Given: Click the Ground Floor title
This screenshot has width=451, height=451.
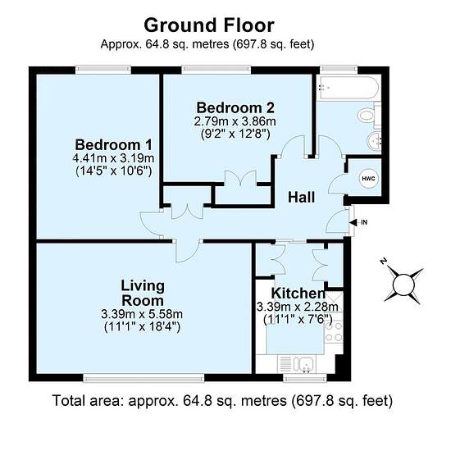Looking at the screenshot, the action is click(x=209, y=25).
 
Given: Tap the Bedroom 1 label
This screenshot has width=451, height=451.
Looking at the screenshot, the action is click(x=113, y=144).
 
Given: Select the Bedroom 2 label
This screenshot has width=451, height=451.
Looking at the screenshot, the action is click(x=235, y=108).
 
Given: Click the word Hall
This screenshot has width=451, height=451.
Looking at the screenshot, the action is click(x=301, y=198).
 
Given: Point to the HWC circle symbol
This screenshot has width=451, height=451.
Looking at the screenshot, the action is click(x=368, y=178).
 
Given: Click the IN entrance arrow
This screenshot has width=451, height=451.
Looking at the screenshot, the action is click(x=353, y=222).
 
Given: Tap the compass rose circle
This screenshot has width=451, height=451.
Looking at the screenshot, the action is click(x=403, y=285).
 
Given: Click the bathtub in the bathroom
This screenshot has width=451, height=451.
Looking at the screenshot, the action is click(x=348, y=88).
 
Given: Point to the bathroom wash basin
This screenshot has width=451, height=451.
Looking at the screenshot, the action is click(x=374, y=141).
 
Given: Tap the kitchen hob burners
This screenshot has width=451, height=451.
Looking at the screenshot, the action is click(x=334, y=331).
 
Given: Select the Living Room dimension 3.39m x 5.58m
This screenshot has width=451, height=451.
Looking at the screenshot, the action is click(x=142, y=314).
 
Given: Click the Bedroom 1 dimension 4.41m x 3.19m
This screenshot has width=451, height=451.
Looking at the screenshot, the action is click(x=113, y=158).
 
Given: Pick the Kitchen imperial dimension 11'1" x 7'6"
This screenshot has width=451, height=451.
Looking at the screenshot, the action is click(x=298, y=320).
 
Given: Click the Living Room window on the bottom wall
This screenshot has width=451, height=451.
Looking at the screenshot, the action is click(x=143, y=378).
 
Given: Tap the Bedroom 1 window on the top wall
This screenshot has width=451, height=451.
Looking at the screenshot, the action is click(x=103, y=70).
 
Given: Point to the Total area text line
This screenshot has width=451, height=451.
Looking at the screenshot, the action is click(x=222, y=401).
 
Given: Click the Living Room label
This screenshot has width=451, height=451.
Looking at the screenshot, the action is click(x=143, y=293).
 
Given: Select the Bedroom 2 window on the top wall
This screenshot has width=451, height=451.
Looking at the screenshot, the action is click(x=216, y=70).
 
